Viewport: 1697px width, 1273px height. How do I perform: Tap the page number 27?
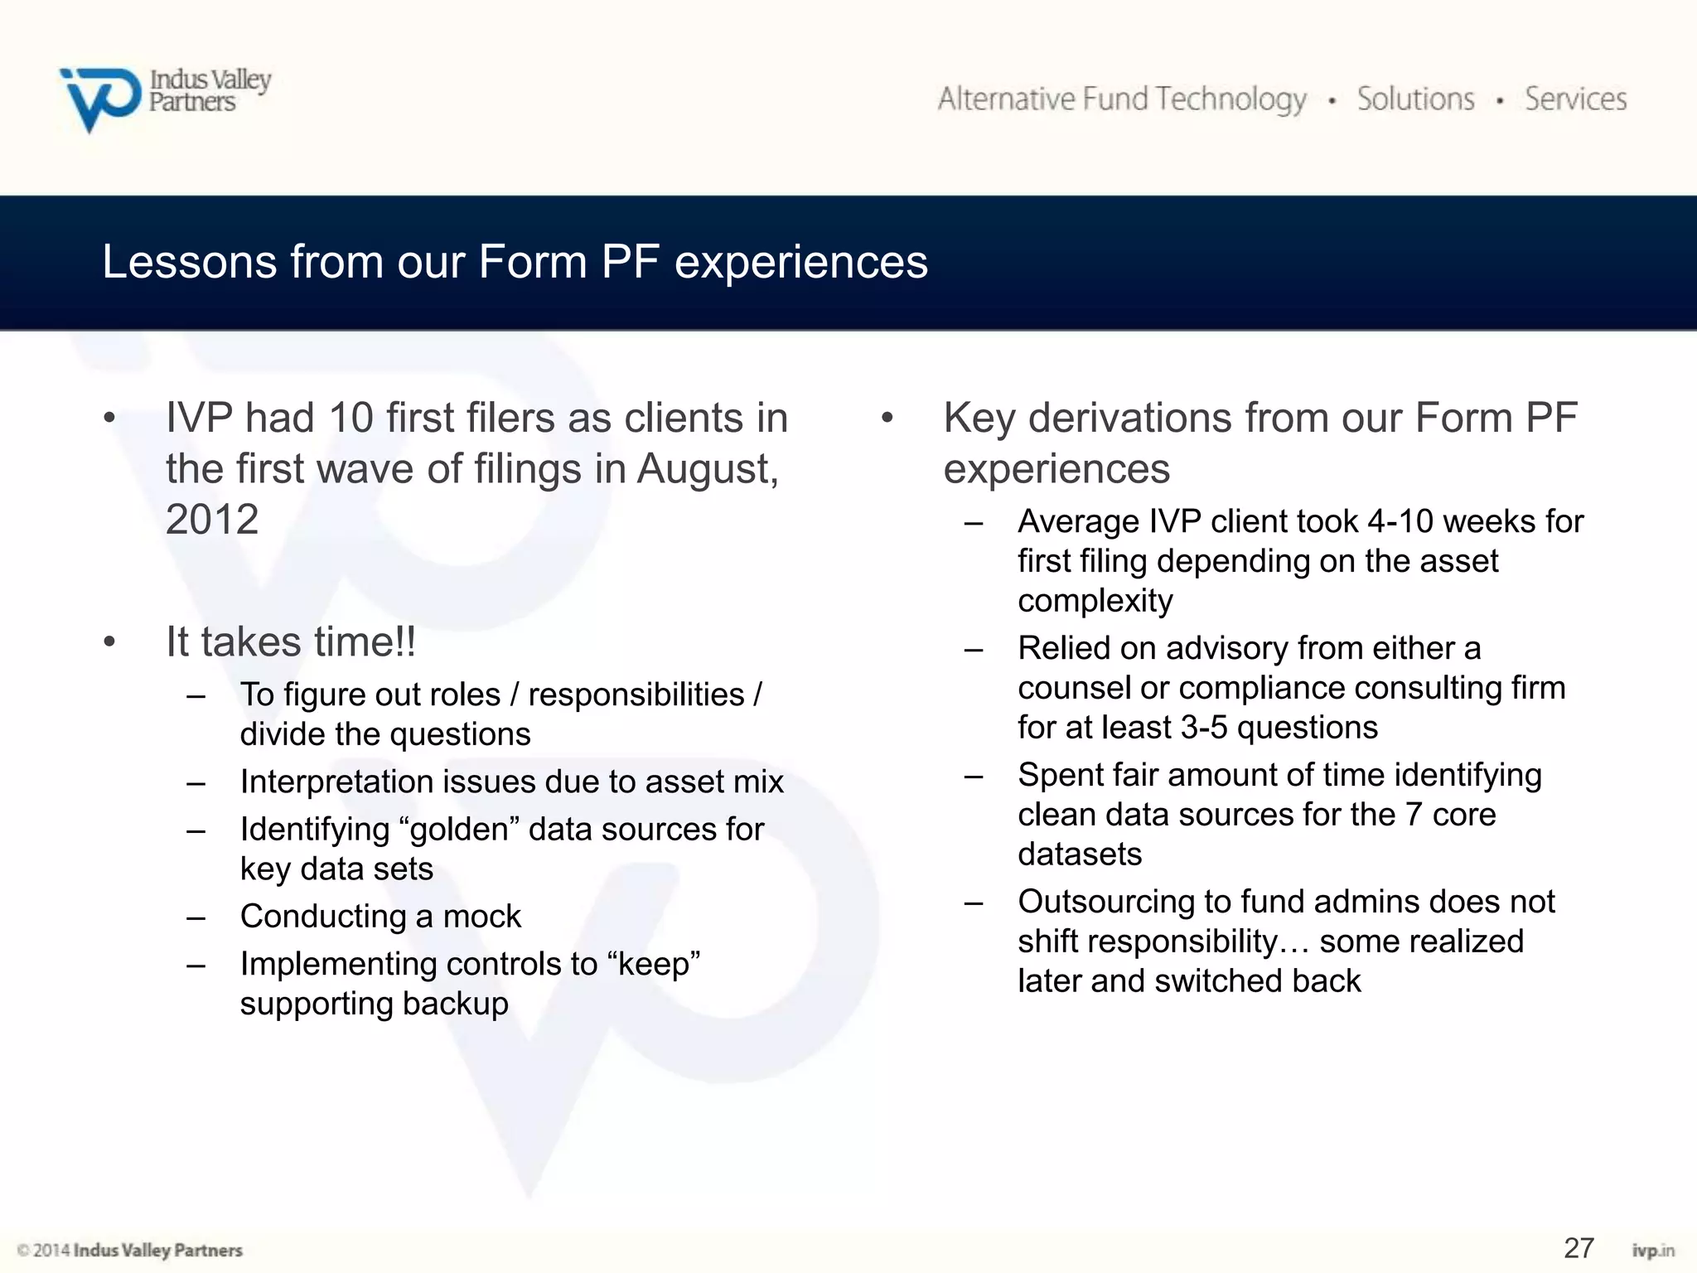click(x=1579, y=1247)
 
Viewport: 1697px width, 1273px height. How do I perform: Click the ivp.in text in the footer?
click(x=1653, y=1251)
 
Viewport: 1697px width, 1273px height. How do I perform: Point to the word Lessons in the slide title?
click(x=189, y=262)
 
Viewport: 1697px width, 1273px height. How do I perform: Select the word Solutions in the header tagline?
click(x=1415, y=99)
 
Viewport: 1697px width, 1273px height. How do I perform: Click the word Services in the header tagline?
click(x=1575, y=99)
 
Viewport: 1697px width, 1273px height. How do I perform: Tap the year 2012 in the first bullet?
click(x=212, y=520)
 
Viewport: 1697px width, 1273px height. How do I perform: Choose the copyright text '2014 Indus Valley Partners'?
click(x=137, y=1250)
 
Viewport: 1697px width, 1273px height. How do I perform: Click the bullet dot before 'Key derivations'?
click(x=887, y=418)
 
